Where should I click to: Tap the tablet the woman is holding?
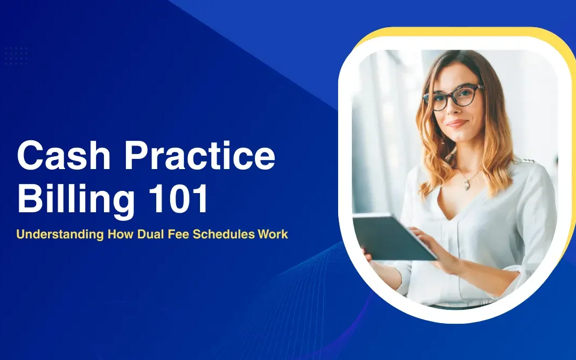pyautogui.click(x=392, y=235)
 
